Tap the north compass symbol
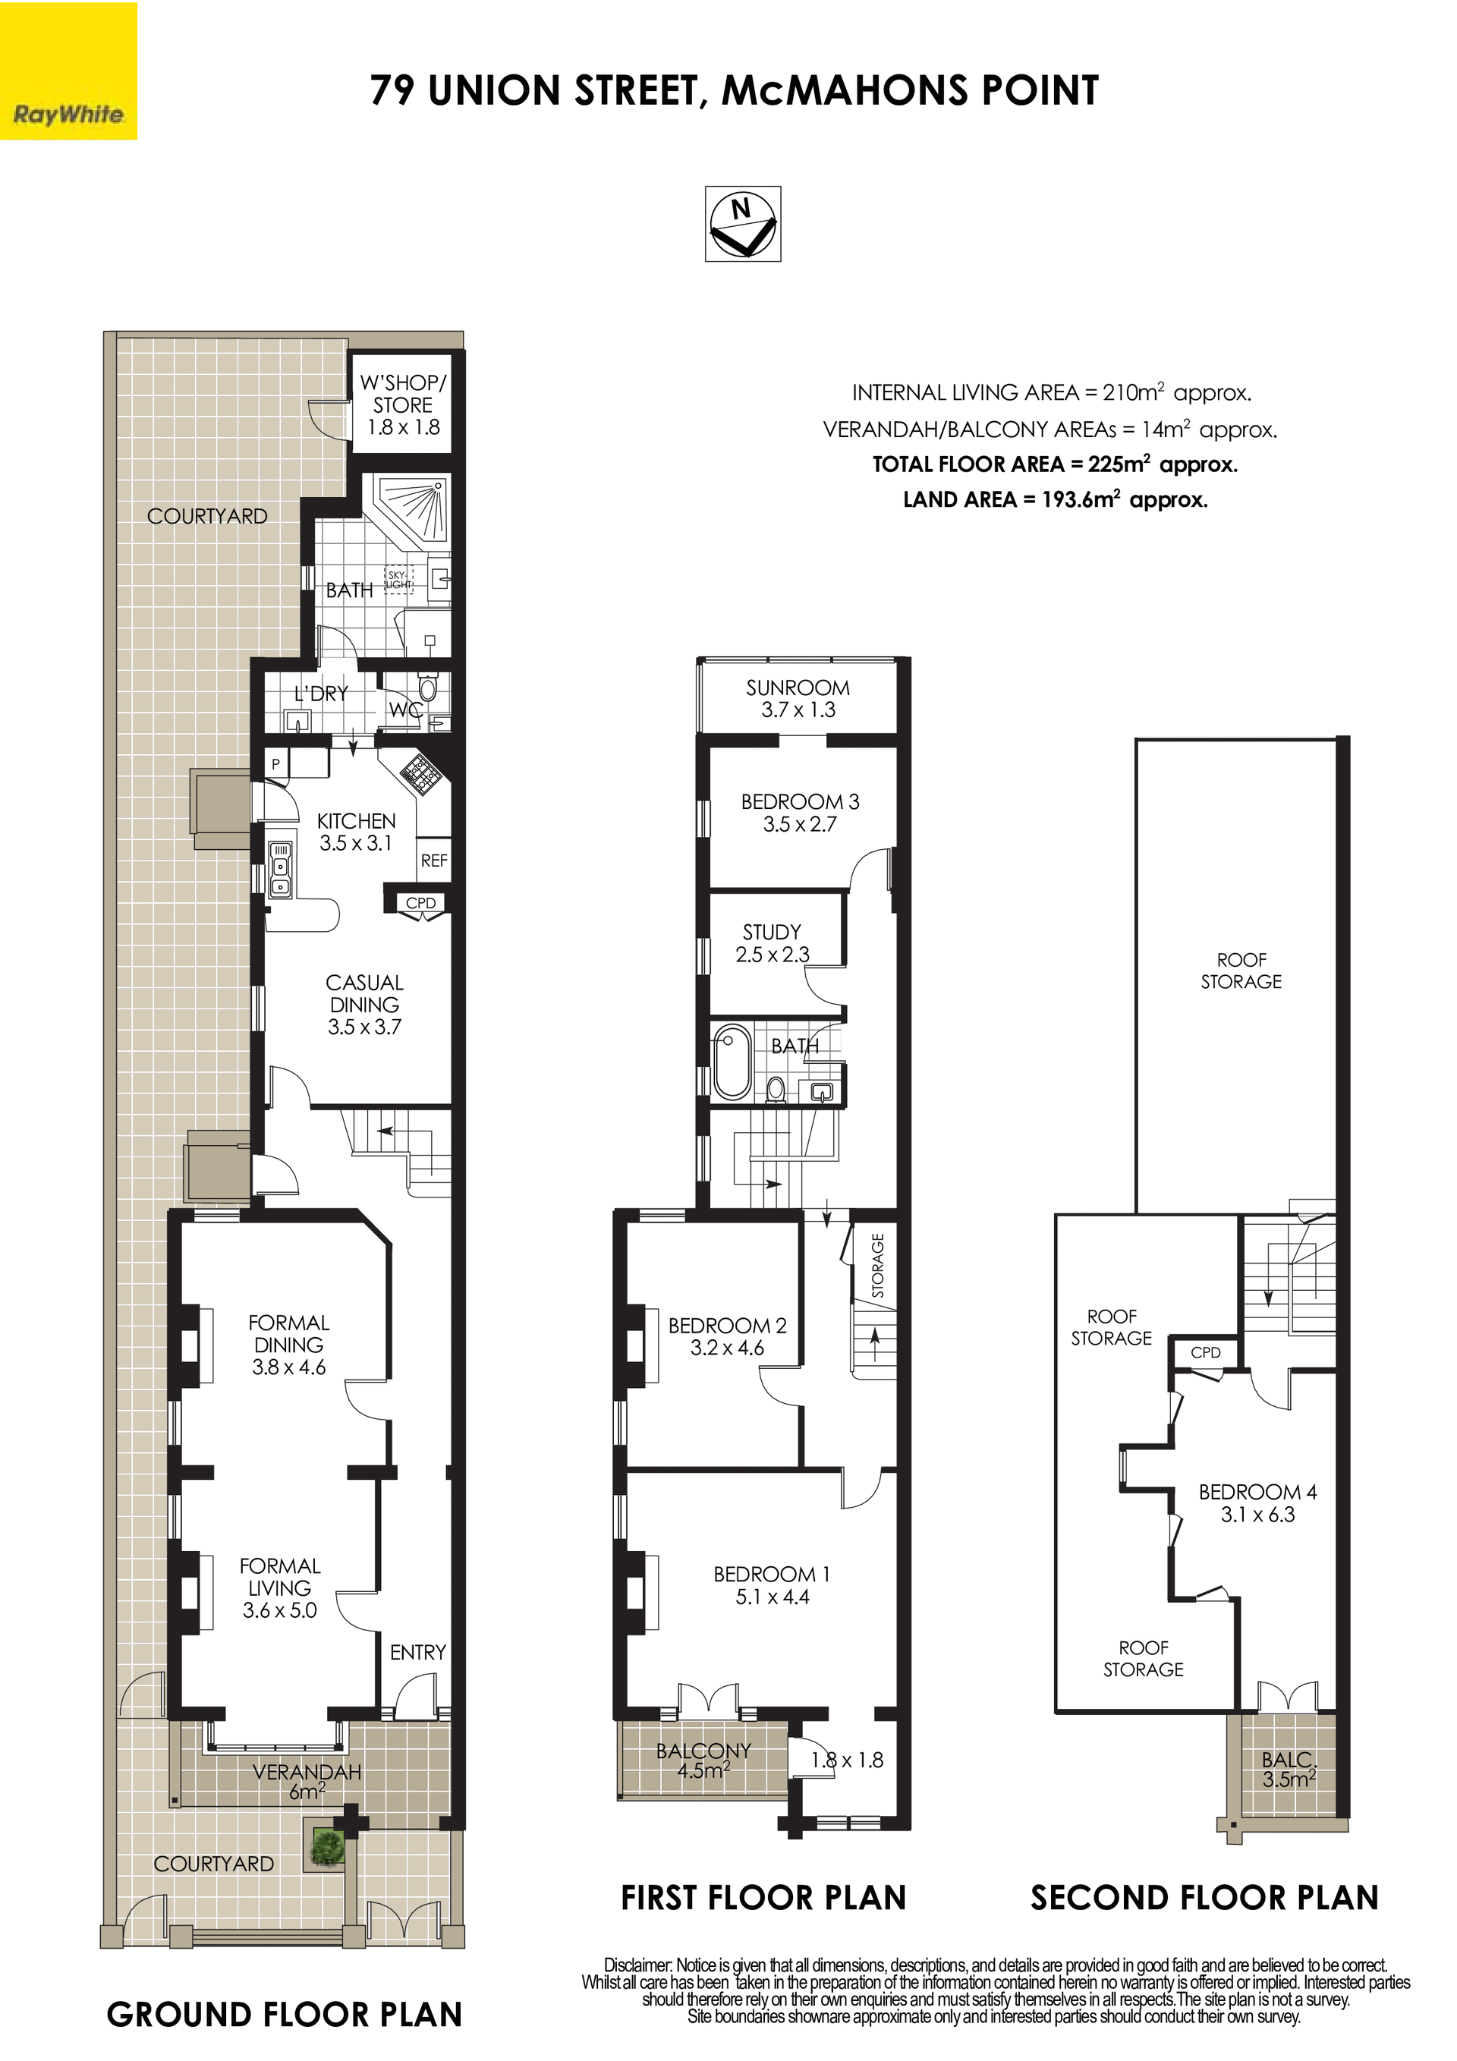tap(742, 224)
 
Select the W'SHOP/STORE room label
tap(403, 405)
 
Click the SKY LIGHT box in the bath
tap(398, 580)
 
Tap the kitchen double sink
tap(281, 870)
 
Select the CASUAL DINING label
tap(364, 1005)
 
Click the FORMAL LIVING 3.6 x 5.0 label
tap(280, 1588)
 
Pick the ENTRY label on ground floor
tap(417, 1653)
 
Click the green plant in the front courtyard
tap(328, 1846)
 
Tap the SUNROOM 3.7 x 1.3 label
tap(798, 698)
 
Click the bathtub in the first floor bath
tap(732, 1064)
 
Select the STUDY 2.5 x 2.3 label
tap(772, 943)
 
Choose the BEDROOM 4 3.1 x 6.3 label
tap(1257, 1502)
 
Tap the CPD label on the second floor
tap(1206, 1353)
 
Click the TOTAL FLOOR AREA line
tap(1056, 464)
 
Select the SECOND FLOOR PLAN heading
tap(1204, 1898)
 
